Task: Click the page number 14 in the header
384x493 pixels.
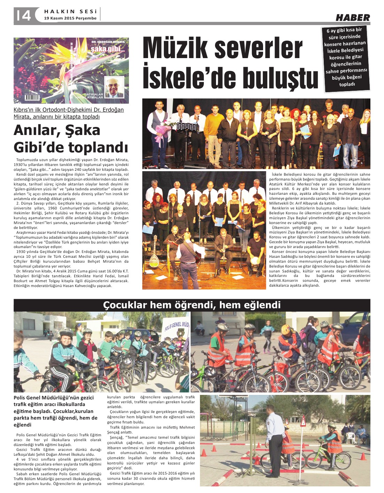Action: click(23, 15)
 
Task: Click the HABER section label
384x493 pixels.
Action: click(353, 17)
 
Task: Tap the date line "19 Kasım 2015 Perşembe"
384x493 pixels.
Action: click(70, 18)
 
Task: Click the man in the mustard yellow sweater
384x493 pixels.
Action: click(214, 127)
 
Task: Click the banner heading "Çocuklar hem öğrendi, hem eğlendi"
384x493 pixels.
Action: click(192, 305)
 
